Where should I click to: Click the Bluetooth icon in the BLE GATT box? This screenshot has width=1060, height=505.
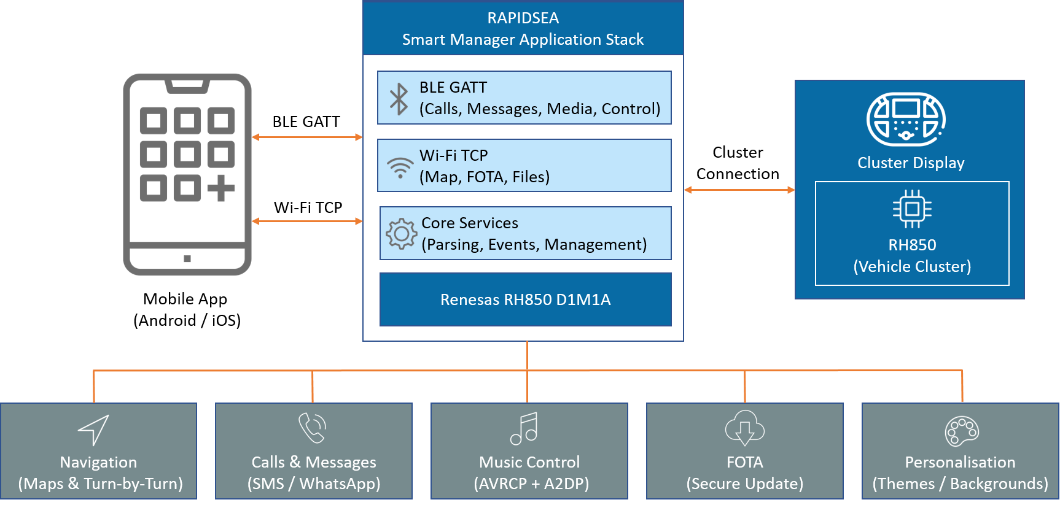tap(399, 99)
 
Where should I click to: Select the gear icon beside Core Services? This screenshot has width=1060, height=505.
tap(402, 234)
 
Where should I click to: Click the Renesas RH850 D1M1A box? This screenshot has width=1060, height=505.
tap(526, 299)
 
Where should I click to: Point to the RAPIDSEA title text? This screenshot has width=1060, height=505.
tap(523, 18)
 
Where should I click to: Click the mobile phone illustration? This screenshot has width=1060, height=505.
tap(187, 175)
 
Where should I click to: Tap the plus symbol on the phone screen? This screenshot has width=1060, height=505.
tap(221, 188)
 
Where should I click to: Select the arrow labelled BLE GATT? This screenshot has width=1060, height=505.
tap(307, 137)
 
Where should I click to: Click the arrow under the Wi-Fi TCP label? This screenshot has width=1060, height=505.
tap(307, 221)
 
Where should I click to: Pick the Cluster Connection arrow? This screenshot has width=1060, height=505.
tap(739, 190)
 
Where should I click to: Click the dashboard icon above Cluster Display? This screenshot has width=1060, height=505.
tap(906, 120)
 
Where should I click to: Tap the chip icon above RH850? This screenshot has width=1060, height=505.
tap(912, 209)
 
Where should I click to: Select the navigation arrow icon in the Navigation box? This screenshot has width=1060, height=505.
tap(94, 430)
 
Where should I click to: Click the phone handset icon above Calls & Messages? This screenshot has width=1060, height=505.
tap(312, 428)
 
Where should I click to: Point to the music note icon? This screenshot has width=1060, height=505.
tap(524, 428)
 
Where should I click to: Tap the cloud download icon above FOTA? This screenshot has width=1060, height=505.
tap(744, 428)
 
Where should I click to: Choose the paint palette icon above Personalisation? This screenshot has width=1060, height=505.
tap(962, 431)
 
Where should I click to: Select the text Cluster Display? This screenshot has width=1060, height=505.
tap(911, 163)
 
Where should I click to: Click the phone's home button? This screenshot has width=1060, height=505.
tap(187, 259)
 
